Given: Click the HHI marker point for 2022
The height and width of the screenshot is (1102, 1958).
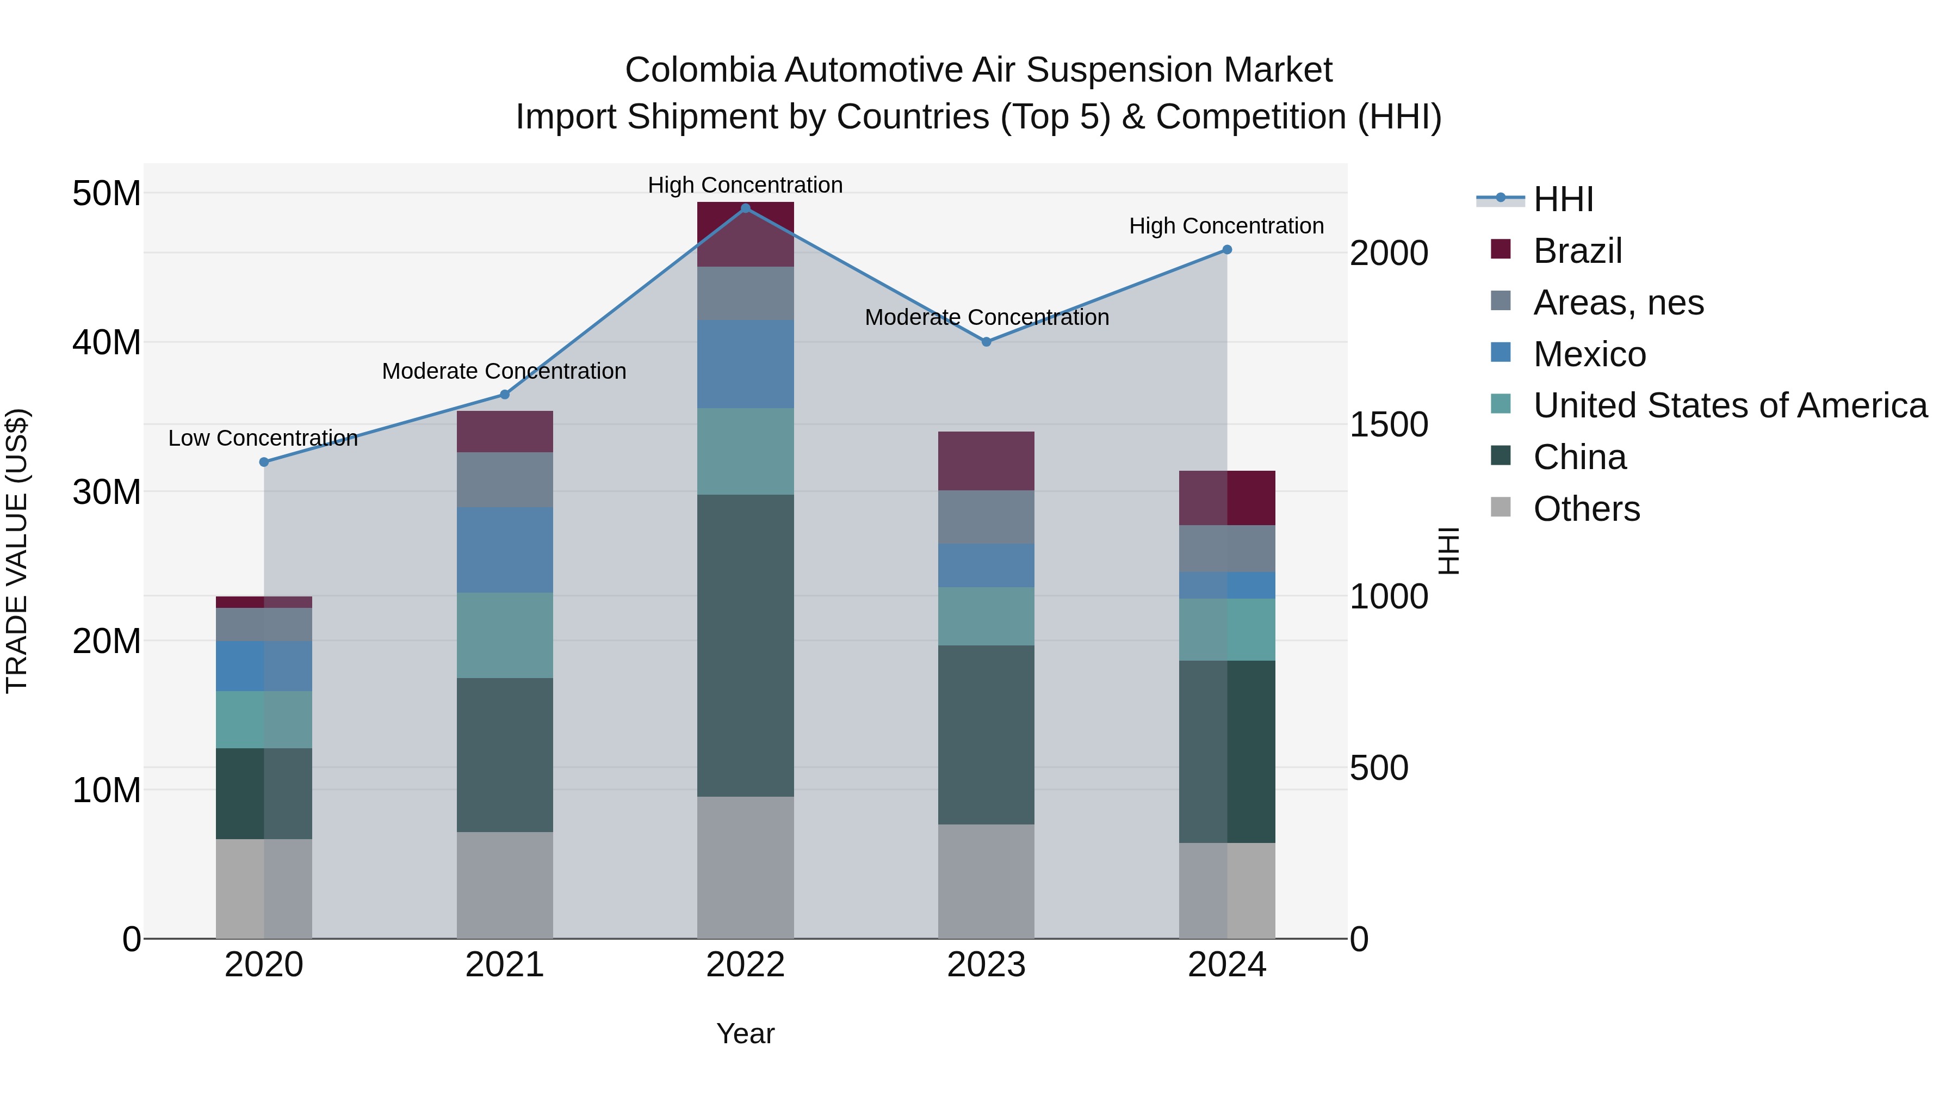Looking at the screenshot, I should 745,208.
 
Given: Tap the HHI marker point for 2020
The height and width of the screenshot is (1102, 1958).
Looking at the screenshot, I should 264,461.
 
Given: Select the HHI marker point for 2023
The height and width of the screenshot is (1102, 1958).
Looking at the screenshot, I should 986,341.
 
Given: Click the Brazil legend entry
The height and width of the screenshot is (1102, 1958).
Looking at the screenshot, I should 1577,251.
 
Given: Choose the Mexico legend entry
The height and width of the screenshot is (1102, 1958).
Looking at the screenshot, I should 1589,354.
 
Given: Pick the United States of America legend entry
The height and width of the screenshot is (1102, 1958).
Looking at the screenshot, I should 1729,405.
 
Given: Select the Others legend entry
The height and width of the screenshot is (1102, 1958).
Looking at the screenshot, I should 1587,509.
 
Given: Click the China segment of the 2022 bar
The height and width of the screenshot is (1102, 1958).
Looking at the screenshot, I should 745,645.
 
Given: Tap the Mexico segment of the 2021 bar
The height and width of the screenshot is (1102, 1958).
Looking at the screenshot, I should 504,549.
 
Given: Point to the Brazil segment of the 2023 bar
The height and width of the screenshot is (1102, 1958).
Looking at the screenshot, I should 986,461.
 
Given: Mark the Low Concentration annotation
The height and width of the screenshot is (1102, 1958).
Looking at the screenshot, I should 263,438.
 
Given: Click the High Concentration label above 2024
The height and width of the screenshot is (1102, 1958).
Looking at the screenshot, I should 1226,226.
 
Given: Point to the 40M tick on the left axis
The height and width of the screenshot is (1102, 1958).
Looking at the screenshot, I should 107,342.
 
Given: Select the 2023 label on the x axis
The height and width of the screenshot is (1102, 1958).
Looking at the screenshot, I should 986,965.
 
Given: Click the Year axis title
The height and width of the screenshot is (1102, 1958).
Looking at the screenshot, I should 745,1033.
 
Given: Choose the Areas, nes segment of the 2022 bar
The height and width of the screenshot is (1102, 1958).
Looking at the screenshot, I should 745,293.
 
